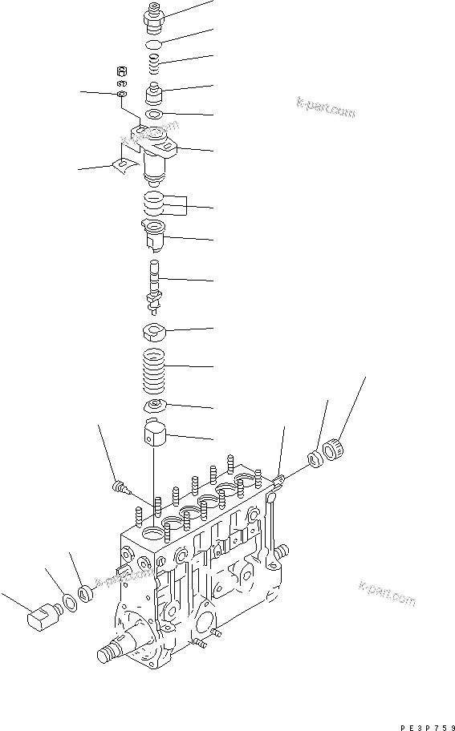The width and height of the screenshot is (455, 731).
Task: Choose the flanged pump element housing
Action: click(155, 151)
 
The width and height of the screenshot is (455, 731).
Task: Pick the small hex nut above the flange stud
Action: click(122, 70)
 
